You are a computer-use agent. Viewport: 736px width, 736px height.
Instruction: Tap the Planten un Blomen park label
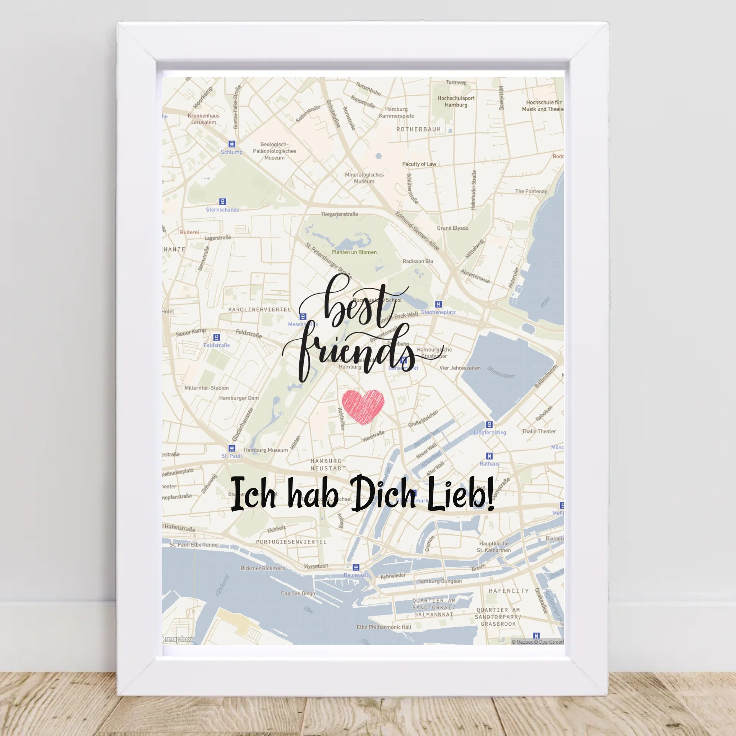coord(354,252)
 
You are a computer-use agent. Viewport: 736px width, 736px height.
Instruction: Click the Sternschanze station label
coord(222,210)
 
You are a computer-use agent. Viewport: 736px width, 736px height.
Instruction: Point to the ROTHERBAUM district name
coord(418,129)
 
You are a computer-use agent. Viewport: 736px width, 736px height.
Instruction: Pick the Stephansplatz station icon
coord(438,304)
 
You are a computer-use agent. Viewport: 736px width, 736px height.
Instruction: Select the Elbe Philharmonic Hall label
coord(384,627)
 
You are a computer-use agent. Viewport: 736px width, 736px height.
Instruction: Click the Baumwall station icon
coord(356,567)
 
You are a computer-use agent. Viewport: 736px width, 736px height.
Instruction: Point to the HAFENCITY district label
coord(509,591)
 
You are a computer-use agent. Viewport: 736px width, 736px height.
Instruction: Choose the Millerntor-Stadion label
coord(207,388)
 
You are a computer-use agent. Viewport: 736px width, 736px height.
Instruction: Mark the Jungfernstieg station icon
coord(489,424)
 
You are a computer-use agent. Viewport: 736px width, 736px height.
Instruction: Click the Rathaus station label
coord(489,464)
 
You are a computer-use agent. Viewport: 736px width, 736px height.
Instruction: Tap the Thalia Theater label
coord(539,431)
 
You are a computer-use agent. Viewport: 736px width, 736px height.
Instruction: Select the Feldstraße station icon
coord(216,337)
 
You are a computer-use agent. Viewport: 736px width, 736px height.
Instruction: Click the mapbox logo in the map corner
coord(178,639)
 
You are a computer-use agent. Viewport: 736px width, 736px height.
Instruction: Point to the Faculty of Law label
coord(419,164)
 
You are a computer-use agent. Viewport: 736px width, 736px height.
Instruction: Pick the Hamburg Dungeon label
coord(439,581)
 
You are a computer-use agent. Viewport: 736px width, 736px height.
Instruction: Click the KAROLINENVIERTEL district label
coord(259,309)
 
